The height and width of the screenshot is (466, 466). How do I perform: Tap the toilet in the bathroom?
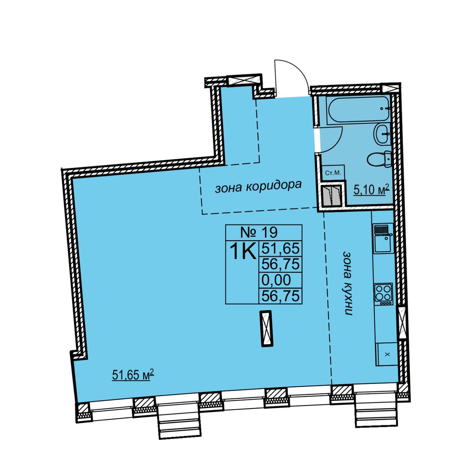(x=379, y=159)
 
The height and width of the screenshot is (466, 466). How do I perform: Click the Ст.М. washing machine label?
(x=333, y=173)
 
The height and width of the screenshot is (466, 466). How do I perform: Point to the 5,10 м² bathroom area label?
(x=372, y=190)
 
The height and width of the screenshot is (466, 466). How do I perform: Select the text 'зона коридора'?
(x=258, y=187)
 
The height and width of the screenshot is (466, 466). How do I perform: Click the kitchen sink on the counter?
(x=383, y=239)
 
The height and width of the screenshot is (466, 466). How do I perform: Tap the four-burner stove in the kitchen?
(x=384, y=294)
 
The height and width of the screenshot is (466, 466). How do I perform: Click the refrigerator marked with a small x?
(x=387, y=354)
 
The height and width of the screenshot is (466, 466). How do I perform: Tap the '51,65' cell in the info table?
(x=280, y=249)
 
